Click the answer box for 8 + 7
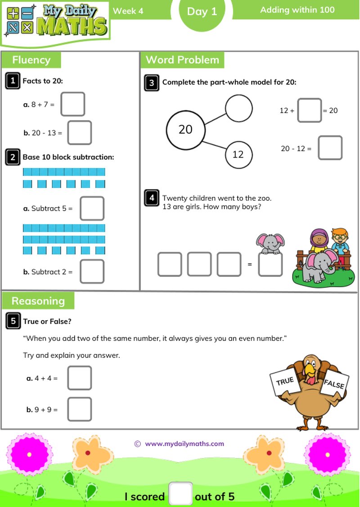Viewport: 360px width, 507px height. click(72, 104)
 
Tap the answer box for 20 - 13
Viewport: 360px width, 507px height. click(79, 132)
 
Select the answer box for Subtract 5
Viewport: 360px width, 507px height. click(92, 208)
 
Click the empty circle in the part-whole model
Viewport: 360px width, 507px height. click(238, 108)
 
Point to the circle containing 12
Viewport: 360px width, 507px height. click(238, 154)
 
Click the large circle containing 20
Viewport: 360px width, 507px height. click(185, 130)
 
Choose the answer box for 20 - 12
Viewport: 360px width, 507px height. click(330, 148)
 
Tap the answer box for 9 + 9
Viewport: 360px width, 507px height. click(79, 409)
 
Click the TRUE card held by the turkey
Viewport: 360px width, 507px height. click(285, 382)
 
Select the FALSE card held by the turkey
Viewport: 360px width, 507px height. click(334, 384)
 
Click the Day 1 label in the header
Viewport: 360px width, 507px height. click(202, 12)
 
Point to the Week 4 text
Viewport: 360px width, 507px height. click(128, 11)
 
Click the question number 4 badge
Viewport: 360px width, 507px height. click(152, 198)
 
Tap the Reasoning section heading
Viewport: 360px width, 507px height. click(38, 301)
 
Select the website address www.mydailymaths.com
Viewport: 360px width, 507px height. click(184, 444)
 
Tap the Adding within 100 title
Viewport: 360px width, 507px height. click(297, 9)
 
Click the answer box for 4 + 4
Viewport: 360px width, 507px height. click(79, 378)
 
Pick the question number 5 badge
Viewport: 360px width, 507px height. click(13, 321)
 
